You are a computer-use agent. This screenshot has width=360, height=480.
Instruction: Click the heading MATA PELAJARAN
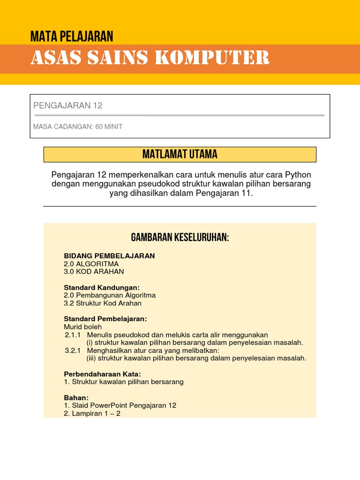(x=72, y=36)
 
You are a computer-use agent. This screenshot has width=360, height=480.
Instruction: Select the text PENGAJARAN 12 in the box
(x=68, y=105)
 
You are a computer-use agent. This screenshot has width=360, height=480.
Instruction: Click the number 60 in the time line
(x=99, y=127)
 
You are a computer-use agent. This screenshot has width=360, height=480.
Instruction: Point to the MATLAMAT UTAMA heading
(x=180, y=154)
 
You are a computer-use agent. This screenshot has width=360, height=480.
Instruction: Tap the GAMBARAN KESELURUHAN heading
(x=180, y=238)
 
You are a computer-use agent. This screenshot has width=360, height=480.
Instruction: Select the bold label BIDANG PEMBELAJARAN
(x=109, y=256)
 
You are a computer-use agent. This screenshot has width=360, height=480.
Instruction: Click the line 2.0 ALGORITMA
(x=91, y=264)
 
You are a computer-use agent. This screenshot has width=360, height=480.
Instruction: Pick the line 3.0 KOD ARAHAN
(x=94, y=271)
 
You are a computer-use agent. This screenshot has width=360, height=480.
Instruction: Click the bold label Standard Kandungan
(x=102, y=287)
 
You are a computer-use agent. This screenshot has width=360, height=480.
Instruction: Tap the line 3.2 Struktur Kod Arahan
(x=102, y=303)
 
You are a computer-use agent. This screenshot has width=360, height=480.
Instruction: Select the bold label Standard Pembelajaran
(x=105, y=319)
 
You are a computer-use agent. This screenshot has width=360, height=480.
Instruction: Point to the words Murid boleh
(x=82, y=327)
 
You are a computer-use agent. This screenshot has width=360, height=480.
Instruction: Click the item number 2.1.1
(x=73, y=335)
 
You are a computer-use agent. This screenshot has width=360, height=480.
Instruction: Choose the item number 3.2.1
(x=73, y=351)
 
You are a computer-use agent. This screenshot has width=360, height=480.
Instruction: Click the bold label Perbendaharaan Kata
(x=102, y=374)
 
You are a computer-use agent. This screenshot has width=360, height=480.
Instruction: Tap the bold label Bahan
(x=76, y=397)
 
